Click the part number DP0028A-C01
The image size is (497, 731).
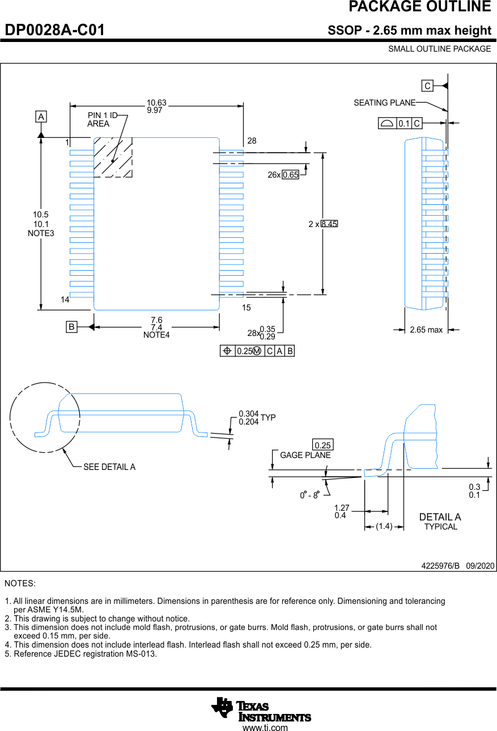point(55,30)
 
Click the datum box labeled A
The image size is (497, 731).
point(41,117)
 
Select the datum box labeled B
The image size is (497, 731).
point(71,327)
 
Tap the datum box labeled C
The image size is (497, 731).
point(427,86)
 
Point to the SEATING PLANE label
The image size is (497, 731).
point(384,103)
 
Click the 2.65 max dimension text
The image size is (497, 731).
point(426,330)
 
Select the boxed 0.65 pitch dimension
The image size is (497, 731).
point(291,175)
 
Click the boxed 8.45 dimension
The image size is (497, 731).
point(329,224)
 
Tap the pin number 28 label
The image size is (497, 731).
point(252,140)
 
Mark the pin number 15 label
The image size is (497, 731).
point(246,308)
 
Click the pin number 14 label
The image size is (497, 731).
point(65,299)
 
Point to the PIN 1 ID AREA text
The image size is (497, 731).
point(101,120)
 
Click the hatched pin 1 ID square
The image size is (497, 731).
point(113,157)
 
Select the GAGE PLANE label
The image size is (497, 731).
point(305,455)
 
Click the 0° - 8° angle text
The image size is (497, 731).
point(310,495)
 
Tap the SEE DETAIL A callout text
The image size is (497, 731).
point(109,467)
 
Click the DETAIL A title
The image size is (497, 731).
point(440,517)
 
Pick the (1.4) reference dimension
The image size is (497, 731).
point(384,527)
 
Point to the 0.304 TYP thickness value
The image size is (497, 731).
point(248,414)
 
